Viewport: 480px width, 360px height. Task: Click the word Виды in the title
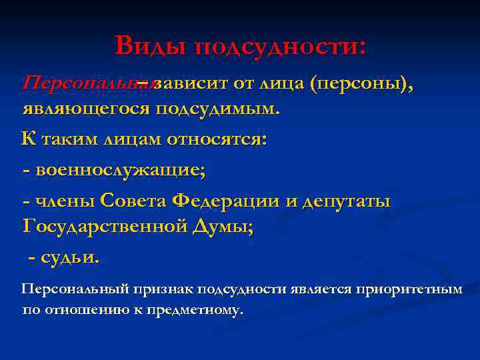[151, 46]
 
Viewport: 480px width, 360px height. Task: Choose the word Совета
[134, 200]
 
